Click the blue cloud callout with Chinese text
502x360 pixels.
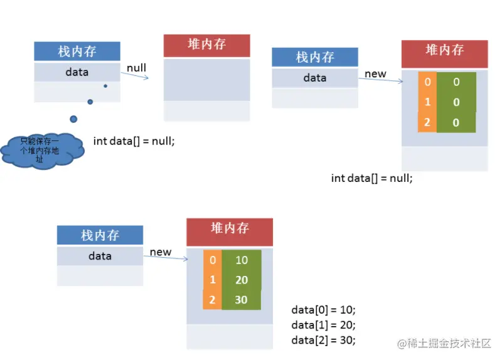(42, 149)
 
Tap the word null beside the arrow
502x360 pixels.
(136, 68)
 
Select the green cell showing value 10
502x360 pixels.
(242, 260)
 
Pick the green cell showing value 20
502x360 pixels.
(242, 280)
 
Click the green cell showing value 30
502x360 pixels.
(242, 300)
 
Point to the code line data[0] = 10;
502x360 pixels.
(324, 310)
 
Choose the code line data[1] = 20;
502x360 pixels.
(324, 325)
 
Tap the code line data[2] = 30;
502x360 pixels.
(324, 340)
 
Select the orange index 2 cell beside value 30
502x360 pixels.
(212, 300)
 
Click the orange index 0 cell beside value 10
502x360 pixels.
(212, 260)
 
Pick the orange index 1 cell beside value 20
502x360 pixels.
(212, 280)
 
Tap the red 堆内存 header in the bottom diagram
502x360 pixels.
(230, 229)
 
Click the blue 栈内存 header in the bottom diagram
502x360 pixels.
(100, 236)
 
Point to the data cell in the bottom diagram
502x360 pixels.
(100, 256)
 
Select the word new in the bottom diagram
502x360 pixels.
(161, 252)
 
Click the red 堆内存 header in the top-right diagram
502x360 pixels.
(444, 51)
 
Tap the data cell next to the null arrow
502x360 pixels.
(77, 72)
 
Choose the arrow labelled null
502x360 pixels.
(134, 76)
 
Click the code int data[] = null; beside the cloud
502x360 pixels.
(134, 141)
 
